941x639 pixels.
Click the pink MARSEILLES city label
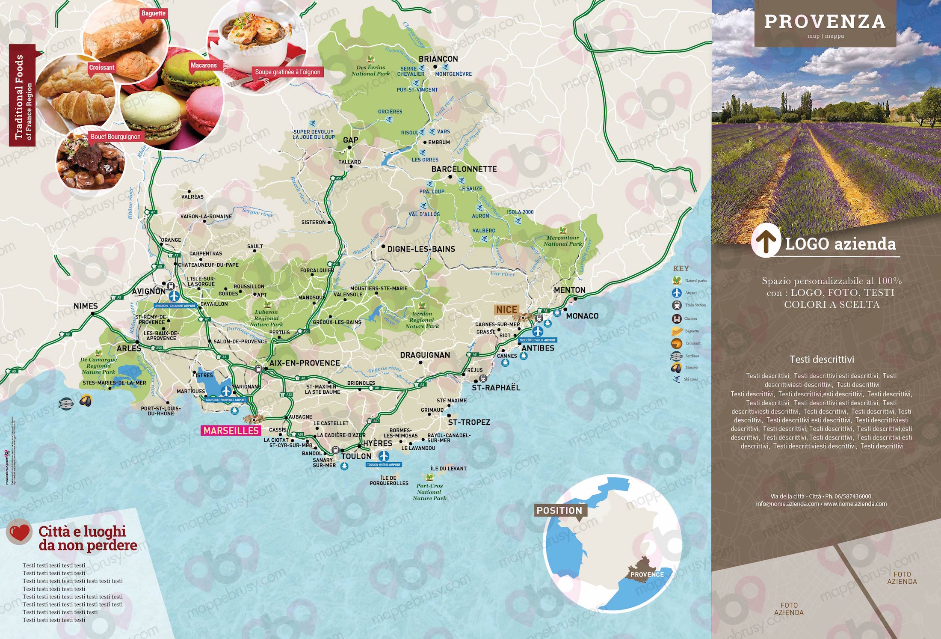click(x=231, y=431)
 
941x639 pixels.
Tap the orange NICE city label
click(x=507, y=309)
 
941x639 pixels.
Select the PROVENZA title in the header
click(x=825, y=22)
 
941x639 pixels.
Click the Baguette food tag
click(x=153, y=13)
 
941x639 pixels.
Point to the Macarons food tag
click(x=204, y=65)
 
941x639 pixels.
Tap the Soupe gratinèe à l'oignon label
click(x=287, y=72)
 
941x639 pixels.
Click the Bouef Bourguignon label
click(x=115, y=137)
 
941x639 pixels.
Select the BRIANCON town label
click(x=438, y=59)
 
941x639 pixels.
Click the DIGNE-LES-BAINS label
click(x=421, y=249)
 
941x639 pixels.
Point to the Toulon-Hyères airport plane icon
click(x=384, y=455)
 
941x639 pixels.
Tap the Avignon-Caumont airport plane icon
click(x=174, y=296)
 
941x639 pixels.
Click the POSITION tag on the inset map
click(x=559, y=511)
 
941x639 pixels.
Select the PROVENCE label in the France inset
click(x=647, y=574)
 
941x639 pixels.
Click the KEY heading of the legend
click(x=681, y=268)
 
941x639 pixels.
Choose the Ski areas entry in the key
click(x=690, y=379)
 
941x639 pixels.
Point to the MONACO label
click(x=582, y=316)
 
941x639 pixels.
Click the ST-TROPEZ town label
click(x=469, y=422)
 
